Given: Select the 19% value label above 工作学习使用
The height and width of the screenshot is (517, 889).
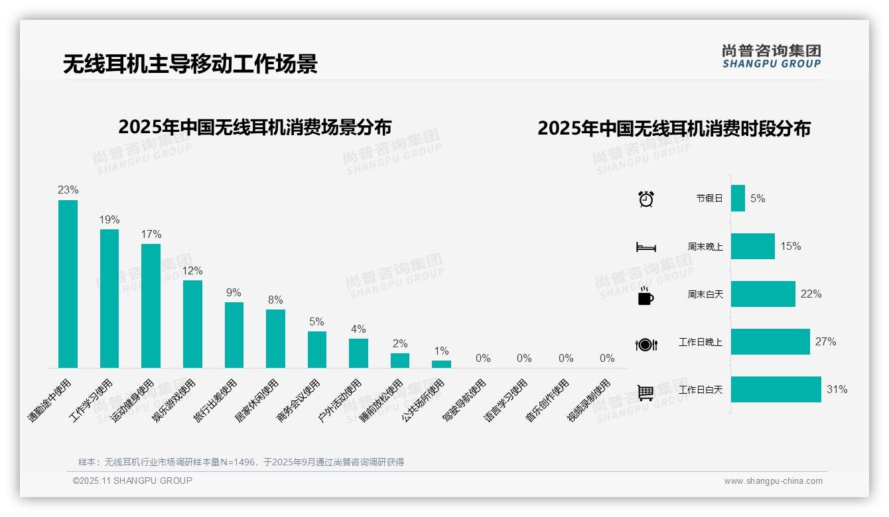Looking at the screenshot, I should tap(109, 219).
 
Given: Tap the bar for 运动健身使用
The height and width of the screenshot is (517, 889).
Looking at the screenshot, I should tap(151, 306).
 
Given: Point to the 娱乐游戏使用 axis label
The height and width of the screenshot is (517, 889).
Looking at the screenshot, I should tap(176, 400).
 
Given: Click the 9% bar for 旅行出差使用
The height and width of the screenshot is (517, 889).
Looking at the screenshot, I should tap(234, 335).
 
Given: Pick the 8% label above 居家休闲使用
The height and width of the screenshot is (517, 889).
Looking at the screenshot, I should tap(275, 300).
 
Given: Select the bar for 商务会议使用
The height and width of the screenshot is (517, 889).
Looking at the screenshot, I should tap(316, 349).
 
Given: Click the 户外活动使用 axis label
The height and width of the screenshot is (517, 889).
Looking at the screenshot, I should tap(341, 400).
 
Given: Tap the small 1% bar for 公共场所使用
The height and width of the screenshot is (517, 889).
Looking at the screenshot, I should tap(441, 364).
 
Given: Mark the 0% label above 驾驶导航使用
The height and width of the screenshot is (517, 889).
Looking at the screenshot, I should tap(483, 359).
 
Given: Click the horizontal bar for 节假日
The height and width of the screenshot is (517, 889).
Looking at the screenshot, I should tap(738, 198).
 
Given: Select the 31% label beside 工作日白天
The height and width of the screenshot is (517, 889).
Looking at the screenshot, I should tap(837, 389).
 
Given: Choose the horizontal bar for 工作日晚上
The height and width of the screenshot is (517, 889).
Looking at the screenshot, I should tap(770, 341).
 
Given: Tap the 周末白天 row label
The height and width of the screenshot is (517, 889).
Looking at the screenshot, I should tap(705, 294).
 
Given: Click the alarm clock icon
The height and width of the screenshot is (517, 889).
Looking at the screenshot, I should tap(646, 199).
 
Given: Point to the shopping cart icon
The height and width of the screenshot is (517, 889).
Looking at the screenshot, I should tap(646, 392).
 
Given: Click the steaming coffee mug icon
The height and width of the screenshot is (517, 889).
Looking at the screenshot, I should tap(646, 296).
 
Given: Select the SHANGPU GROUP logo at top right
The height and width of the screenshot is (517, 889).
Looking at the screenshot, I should tap(771, 56).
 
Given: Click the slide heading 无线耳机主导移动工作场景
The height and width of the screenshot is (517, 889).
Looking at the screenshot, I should tap(190, 64).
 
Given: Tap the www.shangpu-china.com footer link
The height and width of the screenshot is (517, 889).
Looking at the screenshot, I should tap(773, 481).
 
